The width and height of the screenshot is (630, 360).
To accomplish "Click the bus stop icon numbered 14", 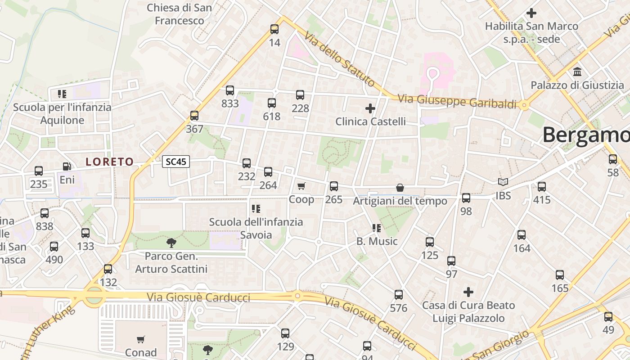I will click(274, 29).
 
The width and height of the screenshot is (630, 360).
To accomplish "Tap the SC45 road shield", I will click(176, 162).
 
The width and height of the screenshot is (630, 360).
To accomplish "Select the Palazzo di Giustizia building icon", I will click(577, 72).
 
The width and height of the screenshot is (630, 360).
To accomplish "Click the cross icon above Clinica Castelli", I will click(370, 108).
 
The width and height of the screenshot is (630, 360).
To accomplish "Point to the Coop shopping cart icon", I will click(301, 186).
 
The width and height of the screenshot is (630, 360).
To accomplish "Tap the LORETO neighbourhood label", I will click(110, 162).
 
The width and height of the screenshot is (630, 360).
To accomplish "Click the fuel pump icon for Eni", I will click(67, 166).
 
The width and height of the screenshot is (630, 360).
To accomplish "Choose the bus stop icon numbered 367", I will click(194, 116).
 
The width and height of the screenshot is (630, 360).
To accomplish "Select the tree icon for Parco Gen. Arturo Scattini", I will click(171, 243).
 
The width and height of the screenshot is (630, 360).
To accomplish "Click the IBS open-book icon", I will click(503, 182).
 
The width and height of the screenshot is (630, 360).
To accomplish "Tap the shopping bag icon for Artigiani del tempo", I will click(400, 188).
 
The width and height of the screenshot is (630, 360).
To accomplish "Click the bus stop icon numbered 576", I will click(399, 295).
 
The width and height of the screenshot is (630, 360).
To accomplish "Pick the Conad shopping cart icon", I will click(141, 339).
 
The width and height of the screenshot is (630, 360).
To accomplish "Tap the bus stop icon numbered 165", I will click(560, 275).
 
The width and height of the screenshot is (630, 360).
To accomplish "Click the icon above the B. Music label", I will click(377, 228).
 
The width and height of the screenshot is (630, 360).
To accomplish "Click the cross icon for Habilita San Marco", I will click(531, 13).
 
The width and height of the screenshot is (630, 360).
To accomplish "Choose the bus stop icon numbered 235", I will click(39, 171).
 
